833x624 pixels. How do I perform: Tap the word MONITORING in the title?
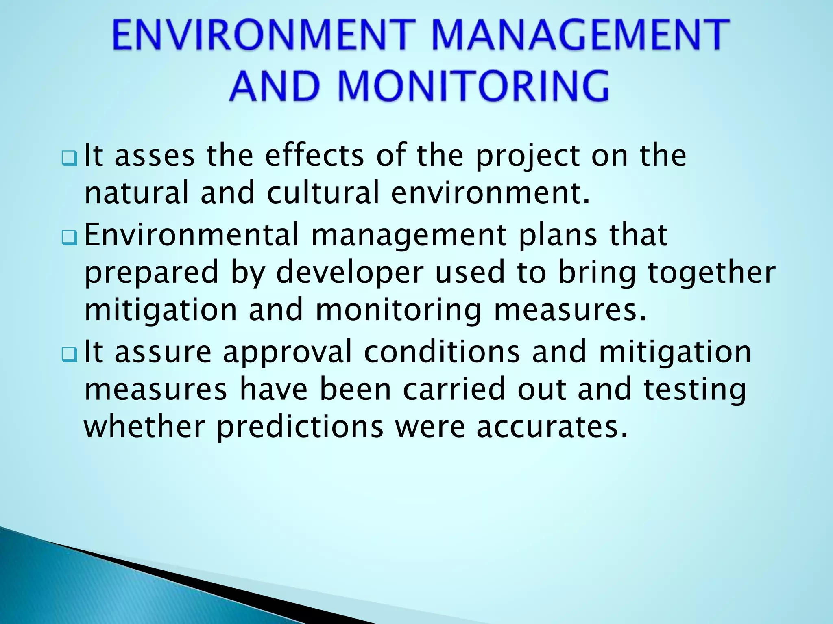pos(473,86)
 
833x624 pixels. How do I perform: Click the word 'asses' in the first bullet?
pos(155,156)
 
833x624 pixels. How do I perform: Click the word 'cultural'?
pos(323,193)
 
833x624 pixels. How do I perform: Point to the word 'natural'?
pos(137,193)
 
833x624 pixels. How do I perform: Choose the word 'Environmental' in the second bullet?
pos(191,235)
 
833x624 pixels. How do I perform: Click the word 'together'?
pos(712,273)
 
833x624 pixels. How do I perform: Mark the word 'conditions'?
pos(442,352)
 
